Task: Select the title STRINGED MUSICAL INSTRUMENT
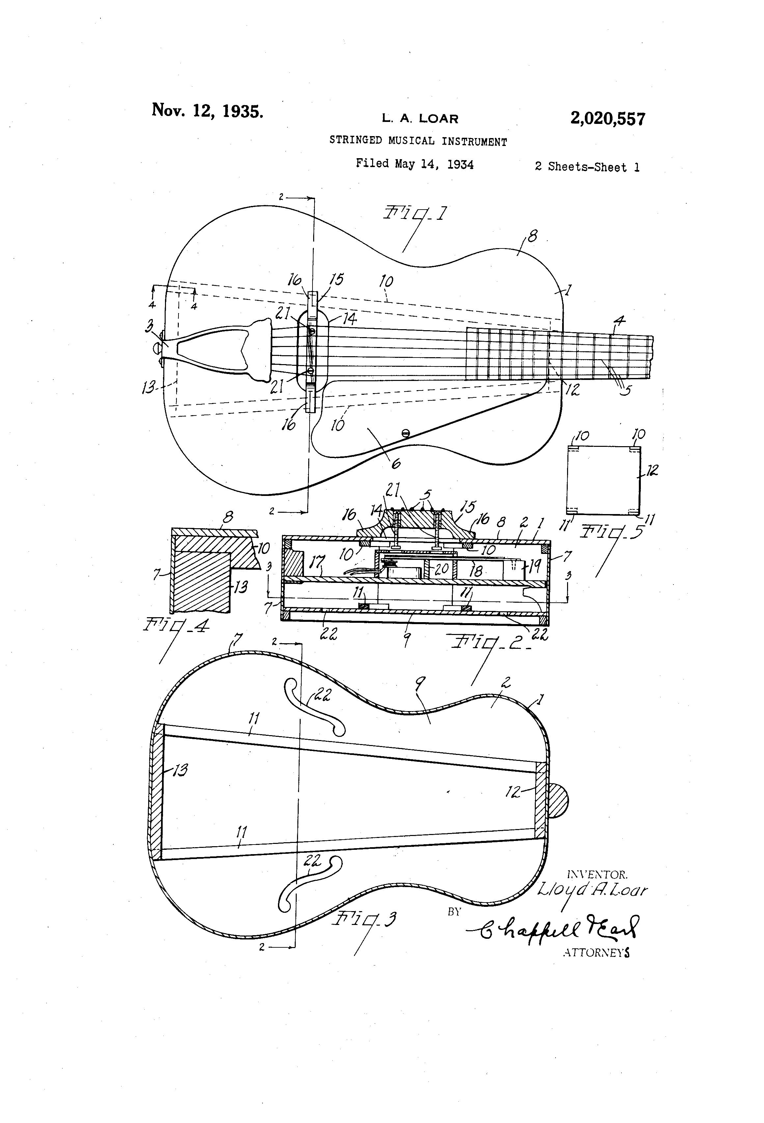click(418, 141)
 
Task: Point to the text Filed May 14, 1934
click(414, 164)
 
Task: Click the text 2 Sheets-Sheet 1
click(587, 167)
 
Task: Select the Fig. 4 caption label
click(176, 626)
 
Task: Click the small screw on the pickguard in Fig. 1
click(406, 433)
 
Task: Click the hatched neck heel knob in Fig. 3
click(558, 800)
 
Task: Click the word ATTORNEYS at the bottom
click(596, 952)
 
